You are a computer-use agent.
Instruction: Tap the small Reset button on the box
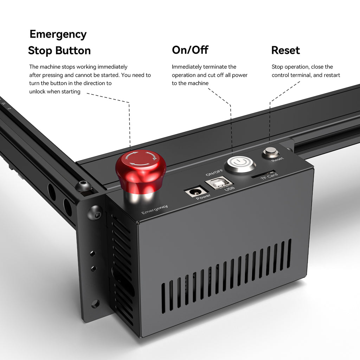coord(271,152)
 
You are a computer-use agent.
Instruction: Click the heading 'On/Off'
coord(190,50)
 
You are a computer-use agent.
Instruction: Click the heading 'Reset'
coord(285,50)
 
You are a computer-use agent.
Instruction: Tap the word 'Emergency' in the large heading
coord(58,34)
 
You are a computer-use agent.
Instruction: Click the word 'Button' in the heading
coord(72,51)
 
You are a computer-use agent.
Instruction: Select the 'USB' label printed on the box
coord(229,189)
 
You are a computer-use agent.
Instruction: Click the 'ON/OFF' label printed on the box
coord(214,172)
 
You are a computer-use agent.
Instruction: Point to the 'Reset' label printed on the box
coord(277,159)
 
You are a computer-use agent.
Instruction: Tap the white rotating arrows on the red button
coord(141,159)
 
